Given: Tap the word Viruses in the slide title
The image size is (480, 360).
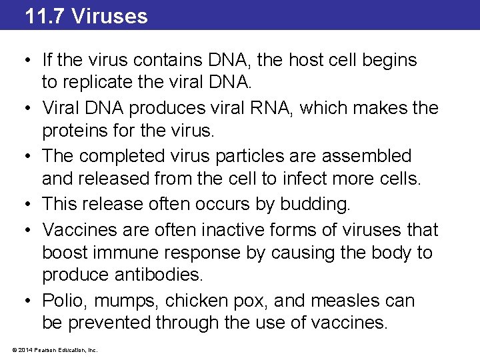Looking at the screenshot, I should [x=109, y=15].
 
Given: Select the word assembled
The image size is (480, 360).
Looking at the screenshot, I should [x=367, y=156].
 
